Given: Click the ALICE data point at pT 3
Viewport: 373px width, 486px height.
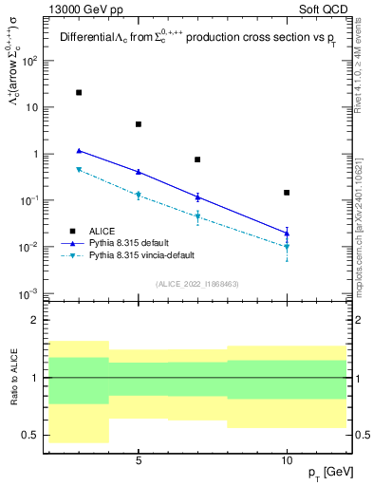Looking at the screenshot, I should pyautogui.click(x=79, y=93).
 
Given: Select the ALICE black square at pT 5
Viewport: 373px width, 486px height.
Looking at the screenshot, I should pyautogui.click(x=139, y=124).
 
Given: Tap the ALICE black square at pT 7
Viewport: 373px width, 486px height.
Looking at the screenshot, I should pyautogui.click(x=197, y=159).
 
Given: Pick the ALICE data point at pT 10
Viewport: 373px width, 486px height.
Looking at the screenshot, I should pyautogui.click(x=287, y=193).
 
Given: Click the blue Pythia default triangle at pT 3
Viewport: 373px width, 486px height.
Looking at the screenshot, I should pyautogui.click(x=79, y=150).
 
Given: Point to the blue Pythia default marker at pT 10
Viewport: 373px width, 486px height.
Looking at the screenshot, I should pyautogui.click(x=287, y=233).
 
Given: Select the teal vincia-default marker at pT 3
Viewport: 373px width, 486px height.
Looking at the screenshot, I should pyautogui.click(x=79, y=170).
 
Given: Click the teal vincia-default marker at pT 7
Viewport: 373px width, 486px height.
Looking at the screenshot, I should pyautogui.click(x=197, y=217).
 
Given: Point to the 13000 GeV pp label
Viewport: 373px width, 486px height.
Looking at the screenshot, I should pyautogui.click(x=83, y=8).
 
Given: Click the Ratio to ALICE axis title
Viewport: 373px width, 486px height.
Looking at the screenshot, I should pyautogui.click(x=13, y=378).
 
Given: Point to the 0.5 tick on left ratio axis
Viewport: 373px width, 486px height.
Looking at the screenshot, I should pyautogui.click(x=32, y=436).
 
